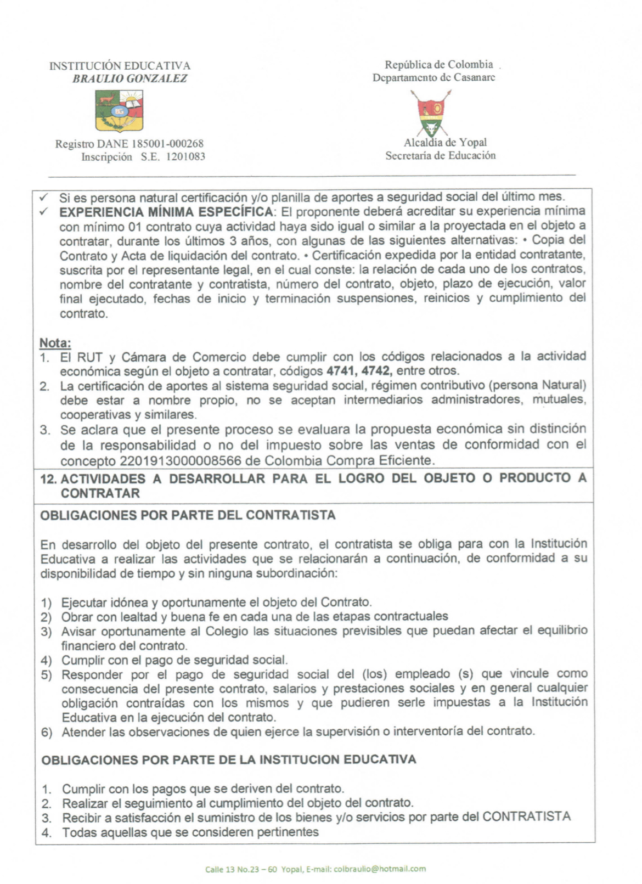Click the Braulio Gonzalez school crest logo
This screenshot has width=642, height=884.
click(119, 111)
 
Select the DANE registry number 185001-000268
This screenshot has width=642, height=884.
click(167, 144)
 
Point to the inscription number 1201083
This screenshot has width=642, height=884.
click(185, 157)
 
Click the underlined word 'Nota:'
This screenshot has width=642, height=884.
click(55, 343)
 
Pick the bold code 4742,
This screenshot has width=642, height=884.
click(377, 371)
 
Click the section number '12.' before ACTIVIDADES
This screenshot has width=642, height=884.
click(48, 478)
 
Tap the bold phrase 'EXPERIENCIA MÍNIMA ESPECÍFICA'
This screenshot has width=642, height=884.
click(166, 212)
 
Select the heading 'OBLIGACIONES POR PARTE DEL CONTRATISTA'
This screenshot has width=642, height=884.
click(188, 515)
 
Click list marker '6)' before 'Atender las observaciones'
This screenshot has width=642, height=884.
click(47, 732)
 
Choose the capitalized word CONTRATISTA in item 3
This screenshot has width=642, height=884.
click(526, 817)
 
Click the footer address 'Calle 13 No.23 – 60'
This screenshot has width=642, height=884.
click(241, 869)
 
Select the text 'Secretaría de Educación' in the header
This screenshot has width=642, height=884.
click(440, 156)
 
